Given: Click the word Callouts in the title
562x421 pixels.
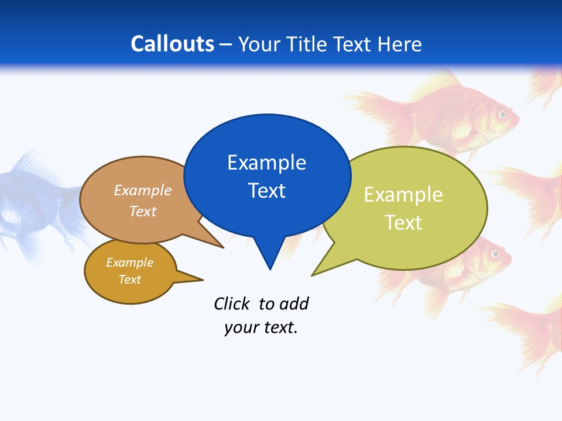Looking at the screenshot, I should pos(172,44).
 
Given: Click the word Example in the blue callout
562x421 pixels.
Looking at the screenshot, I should pos(266,163).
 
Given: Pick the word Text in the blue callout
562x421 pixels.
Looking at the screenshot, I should pos(266,191).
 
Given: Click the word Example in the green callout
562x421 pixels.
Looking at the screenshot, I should pos(403,195).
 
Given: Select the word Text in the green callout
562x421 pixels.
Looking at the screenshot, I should pos(403,223).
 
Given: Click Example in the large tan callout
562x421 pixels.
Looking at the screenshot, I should pos(143,191).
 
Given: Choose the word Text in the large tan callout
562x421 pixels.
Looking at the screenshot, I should pos(143,211).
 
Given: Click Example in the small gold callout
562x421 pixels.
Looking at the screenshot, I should pos(129,263).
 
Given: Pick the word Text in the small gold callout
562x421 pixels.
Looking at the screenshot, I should pos(129,279).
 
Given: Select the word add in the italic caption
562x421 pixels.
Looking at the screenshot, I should pos(294,303).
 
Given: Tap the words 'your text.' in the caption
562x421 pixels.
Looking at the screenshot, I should pos(261,327).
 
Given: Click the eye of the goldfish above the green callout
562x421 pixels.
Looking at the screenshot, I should pos(502,114).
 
